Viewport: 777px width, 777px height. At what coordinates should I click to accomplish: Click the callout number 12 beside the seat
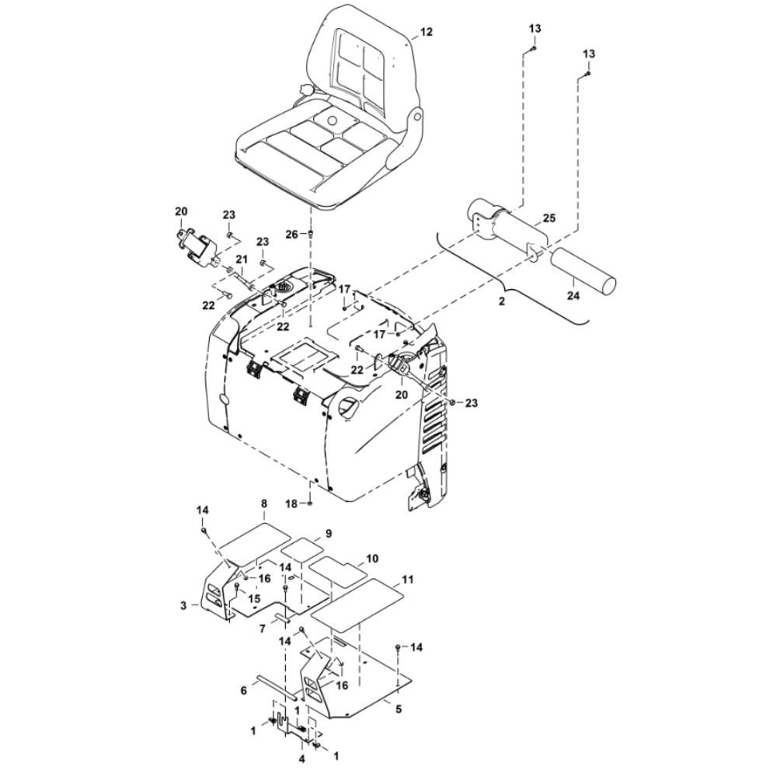[x=426, y=32]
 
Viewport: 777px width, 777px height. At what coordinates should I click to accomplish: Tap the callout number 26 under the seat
[x=291, y=234]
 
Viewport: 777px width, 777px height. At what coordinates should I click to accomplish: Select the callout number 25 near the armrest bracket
[x=549, y=219]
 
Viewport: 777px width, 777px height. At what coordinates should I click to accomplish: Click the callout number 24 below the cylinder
[x=573, y=295]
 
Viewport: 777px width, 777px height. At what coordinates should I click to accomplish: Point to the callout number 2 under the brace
[x=502, y=300]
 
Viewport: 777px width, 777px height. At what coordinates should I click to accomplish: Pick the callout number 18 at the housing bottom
[x=291, y=503]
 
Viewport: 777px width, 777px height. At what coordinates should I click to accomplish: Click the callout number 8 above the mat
[x=264, y=503]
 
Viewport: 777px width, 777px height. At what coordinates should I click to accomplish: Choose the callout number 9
[x=328, y=534]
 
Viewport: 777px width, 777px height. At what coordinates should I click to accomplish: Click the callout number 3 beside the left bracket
[x=183, y=605]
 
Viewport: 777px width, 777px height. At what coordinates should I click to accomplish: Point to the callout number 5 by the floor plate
[x=398, y=709]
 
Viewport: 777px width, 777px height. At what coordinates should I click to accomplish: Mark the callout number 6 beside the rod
[x=243, y=690]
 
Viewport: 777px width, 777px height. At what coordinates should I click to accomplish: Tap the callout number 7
[x=263, y=627]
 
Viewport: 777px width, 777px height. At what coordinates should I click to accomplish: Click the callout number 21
[x=241, y=259]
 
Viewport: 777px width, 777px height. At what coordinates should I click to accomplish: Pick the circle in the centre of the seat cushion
[x=334, y=122]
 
